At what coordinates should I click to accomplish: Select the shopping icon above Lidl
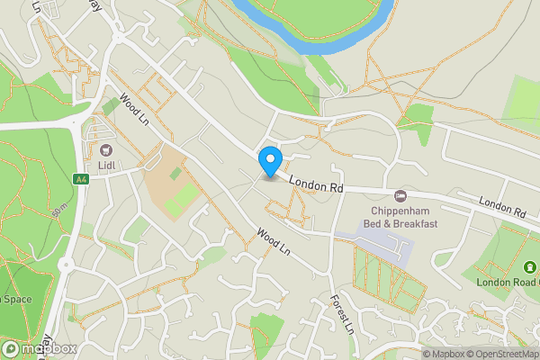pos(107,150)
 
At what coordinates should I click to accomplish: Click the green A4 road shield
pos(81,180)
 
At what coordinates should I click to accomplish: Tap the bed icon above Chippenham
pos(400,195)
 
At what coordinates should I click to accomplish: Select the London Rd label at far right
pos(502,207)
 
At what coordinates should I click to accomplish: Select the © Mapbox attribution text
pos(444,354)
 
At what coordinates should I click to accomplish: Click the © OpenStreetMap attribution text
pos(504,354)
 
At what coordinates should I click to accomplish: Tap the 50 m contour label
pos(60,212)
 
